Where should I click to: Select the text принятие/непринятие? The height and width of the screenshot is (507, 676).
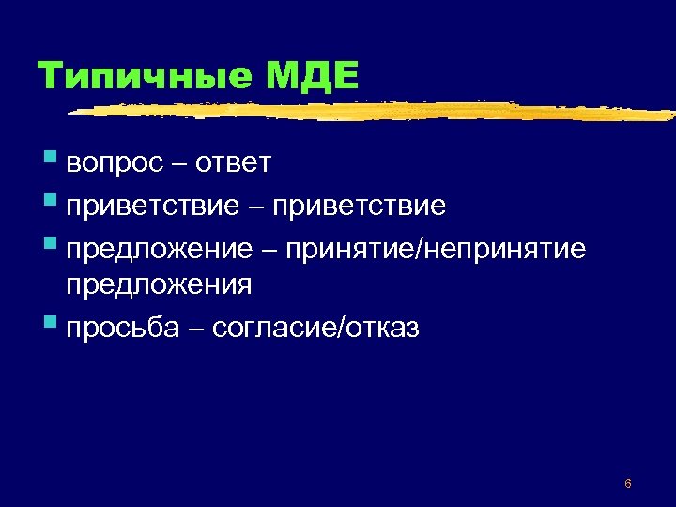click(x=437, y=248)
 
